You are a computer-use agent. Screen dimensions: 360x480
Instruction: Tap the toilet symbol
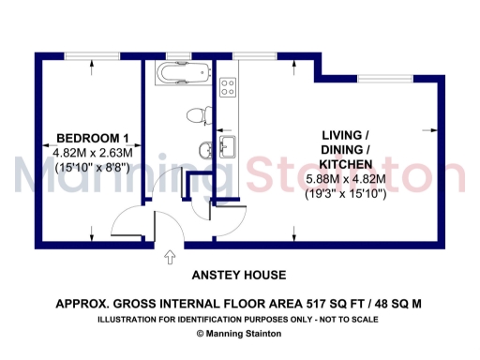tap(195, 116)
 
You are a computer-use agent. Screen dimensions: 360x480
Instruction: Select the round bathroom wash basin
tap(205, 149)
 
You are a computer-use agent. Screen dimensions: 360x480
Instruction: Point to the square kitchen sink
tap(226, 146)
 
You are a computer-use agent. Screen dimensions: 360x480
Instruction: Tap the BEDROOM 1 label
tap(92, 135)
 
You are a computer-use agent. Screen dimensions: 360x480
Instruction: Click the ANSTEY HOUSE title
tap(239, 276)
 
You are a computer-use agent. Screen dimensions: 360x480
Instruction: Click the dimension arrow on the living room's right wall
tap(433, 129)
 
